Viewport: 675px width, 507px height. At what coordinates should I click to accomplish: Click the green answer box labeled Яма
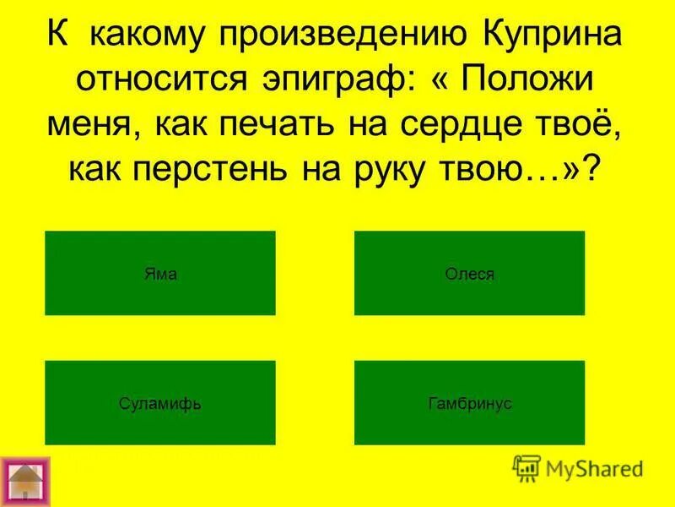[160, 273]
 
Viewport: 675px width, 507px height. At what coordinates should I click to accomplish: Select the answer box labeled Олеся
[469, 273]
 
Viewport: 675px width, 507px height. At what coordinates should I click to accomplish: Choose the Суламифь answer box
[160, 403]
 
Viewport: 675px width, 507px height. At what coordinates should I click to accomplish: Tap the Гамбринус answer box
[469, 403]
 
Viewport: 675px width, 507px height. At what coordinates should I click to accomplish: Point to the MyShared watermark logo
[577, 467]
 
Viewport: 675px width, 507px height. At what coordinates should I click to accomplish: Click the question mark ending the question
[596, 168]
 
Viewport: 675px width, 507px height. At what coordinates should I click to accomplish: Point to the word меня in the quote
[84, 124]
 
